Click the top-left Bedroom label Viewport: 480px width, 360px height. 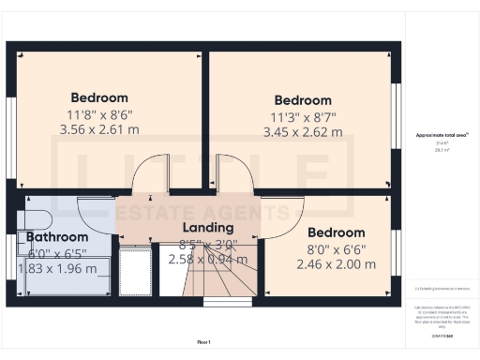pyautogui.click(x=99, y=97)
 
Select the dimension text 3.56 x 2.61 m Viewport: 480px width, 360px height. pyautogui.click(x=99, y=129)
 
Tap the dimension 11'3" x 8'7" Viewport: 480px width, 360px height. pyautogui.click(x=303, y=117)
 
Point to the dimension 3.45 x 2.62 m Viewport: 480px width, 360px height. pyautogui.click(x=303, y=133)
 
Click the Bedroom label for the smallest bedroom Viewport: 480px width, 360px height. pyautogui.click(x=336, y=232)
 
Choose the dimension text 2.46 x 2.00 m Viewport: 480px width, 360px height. pyautogui.click(x=336, y=264)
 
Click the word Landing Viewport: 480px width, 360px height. pyautogui.click(x=208, y=228)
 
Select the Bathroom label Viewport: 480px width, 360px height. pyautogui.click(x=57, y=237)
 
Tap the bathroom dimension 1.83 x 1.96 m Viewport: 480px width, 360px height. pyautogui.click(x=57, y=268)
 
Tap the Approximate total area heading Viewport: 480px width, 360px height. pyautogui.click(x=442, y=135)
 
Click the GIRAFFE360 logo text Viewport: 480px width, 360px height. pyautogui.click(x=442, y=336)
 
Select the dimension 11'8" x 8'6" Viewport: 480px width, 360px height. pyautogui.click(x=99, y=114)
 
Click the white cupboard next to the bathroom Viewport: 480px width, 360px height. pyautogui.click(x=137, y=272)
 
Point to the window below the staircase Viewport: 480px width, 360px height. pyautogui.click(x=221, y=303)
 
